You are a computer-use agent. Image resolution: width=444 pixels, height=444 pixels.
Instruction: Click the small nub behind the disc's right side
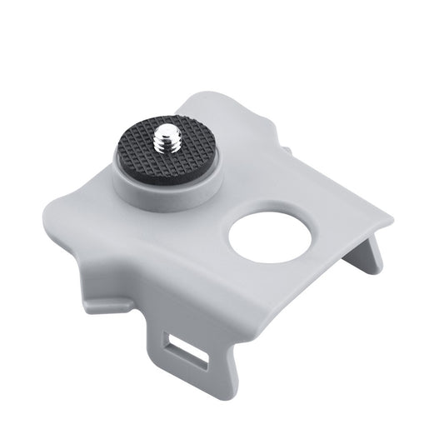(287, 152)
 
